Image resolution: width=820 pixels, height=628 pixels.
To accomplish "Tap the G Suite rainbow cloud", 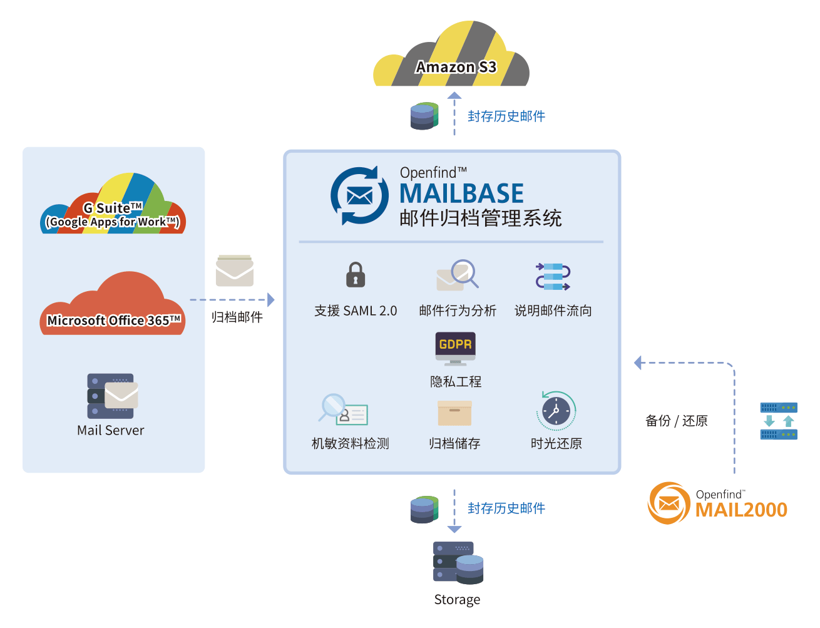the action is click(113, 203).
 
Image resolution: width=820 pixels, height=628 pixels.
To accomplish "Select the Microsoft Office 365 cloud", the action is click(113, 303).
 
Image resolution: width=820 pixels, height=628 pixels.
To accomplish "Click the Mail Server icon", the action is click(113, 396).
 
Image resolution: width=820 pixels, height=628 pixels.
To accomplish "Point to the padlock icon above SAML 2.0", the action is click(356, 274).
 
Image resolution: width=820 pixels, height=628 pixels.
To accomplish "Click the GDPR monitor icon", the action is click(455, 349).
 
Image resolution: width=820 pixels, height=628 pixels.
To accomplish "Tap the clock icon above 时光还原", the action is click(556, 411).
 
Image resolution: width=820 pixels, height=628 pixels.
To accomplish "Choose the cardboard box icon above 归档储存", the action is click(454, 413).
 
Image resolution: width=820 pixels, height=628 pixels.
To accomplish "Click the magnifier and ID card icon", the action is click(343, 409).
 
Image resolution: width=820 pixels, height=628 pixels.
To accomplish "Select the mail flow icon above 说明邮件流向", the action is click(553, 277).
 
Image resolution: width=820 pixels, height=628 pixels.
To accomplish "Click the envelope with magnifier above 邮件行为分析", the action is click(457, 275).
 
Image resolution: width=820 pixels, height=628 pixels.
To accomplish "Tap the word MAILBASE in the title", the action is click(461, 193).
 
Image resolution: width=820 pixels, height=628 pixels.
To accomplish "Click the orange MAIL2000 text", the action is click(741, 510).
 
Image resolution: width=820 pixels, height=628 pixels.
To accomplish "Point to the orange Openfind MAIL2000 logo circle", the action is click(669, 503).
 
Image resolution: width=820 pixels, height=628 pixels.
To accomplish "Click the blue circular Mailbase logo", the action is click(359, 195).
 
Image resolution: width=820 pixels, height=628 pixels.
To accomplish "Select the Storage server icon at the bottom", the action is click(458, 563).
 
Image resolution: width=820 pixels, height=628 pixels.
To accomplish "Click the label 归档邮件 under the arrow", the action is click(237, 317).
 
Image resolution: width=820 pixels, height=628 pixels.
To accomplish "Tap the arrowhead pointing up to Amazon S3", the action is click(454, 95).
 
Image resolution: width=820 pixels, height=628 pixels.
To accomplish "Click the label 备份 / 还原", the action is click(676, 420).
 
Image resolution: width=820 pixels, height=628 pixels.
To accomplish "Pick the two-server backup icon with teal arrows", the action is click(779, 421).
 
